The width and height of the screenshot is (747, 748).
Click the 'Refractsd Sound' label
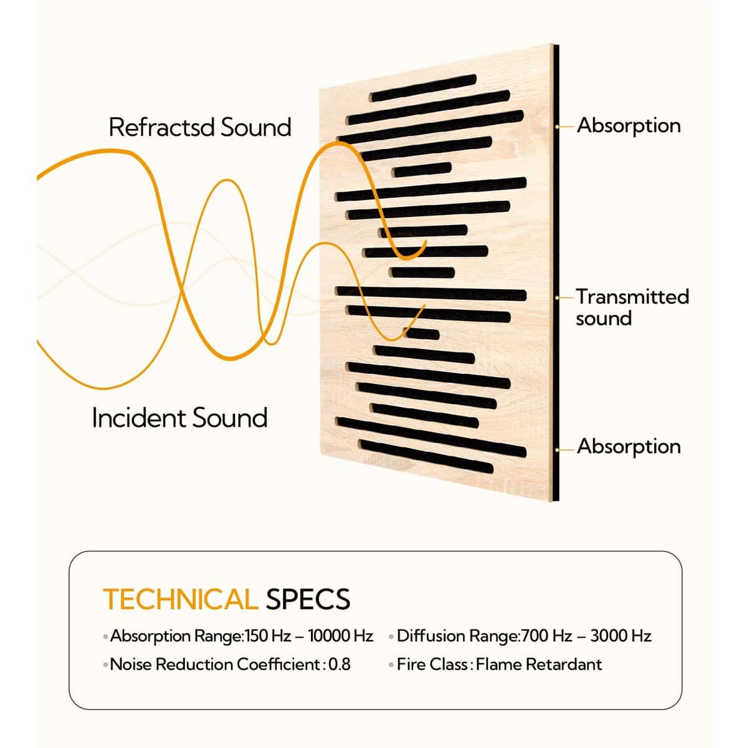(200, 127)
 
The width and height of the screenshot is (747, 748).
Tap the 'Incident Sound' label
(179, 418)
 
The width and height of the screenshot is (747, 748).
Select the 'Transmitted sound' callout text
(632, 307)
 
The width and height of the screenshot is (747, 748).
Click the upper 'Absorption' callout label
(629, 127)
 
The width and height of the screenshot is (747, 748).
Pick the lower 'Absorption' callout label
(629, 447)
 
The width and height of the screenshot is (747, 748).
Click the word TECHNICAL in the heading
(181, 599)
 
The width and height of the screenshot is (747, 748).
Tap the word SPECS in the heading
(308, 599)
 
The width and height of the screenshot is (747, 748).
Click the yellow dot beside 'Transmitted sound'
(557, 298)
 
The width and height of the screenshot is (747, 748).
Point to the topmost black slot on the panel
(423, 88)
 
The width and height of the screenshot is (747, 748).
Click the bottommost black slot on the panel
(426, 456)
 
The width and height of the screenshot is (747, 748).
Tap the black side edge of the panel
(556, 272)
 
